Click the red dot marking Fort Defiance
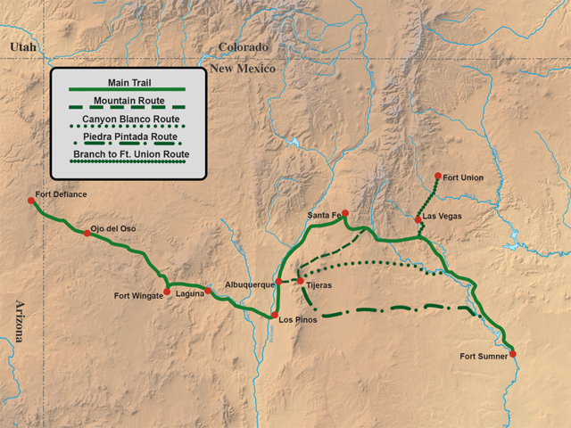[31, 201]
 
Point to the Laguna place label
[190, 292]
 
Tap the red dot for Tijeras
[301, 282]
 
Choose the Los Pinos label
[297, 319]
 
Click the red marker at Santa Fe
[344, 214]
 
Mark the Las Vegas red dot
[418, 219]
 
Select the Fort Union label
[462, 177]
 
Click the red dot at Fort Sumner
[513, 354]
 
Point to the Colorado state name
[243, 46]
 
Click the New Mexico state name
[243, 68]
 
